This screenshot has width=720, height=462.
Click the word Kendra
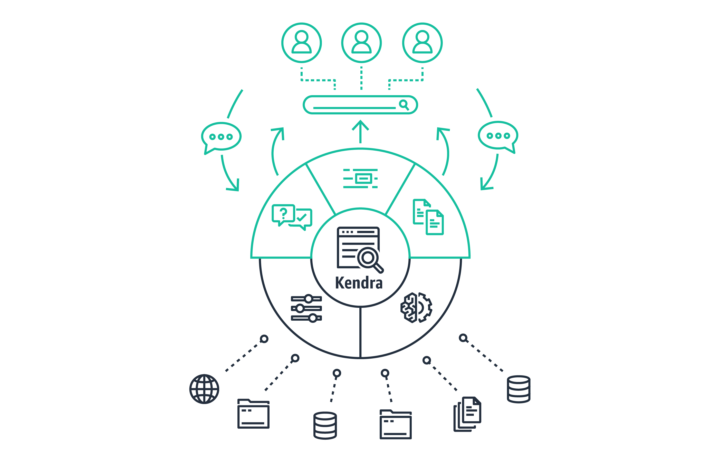pyautogui.click(x=359, y=283)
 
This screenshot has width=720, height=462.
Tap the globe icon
pyautogui.click(x=204, y=389)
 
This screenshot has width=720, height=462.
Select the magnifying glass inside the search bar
pyautogui.click(x=404, y=105)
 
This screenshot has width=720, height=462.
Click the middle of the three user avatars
pyautogui.click(x=361, y=43)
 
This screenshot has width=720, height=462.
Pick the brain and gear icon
pyautogui.click(x=416, y=308)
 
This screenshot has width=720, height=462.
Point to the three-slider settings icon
pyautogui.click(x=306, y=308)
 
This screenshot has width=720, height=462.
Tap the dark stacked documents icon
pyautogui.click(x=467, y=414)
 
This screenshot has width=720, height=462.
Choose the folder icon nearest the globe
pyautogui.click(x=253, y=414)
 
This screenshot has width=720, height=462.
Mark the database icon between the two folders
pyautogui.click(x=325, y=425)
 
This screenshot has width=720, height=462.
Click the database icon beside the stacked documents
pyautogui.click(x=519, y=389)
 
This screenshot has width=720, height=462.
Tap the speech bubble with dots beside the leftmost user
pyautogui.click(x=221, y=138)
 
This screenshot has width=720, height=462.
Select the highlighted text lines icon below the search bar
pyautogui.click(x=360, y=179)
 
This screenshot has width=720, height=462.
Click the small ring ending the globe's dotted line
pyautogui.click(x=264, y=339)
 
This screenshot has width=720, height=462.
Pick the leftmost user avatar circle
pyautogui.click(x=301, y=43)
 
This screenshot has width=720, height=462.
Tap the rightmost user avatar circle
pyautogui.click(x=422, y=43)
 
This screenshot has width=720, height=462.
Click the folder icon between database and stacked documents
pyautogui.click(x=396, y=424)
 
